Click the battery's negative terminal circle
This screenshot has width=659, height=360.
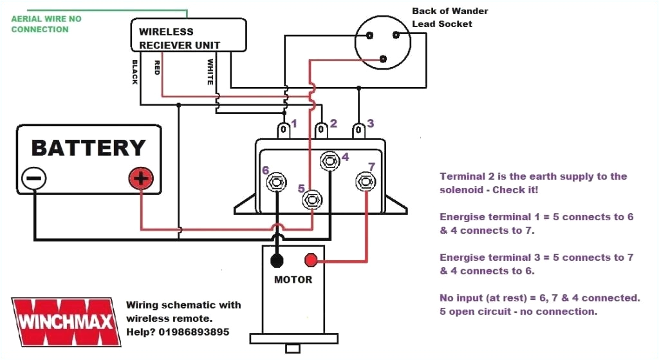(x=33, y=178)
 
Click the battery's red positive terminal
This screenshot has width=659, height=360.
(x=141, y=178)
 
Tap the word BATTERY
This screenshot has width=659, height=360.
(x=88, y=147)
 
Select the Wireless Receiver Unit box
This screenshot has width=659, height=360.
(x=189, y=35)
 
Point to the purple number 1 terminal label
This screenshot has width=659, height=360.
(x=294, y=123)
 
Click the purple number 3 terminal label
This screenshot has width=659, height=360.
(x=370, y=123)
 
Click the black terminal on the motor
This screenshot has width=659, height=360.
(x=277, y=260)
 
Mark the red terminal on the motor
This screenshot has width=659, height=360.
(x=311, y=260)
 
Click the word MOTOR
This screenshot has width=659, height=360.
(x=293, y=279)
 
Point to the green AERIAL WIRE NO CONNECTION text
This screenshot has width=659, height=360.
(x=46, y=24)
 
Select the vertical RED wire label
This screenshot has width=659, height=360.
(x=156, y=68)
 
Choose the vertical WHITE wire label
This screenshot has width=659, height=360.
(x=210, y=72)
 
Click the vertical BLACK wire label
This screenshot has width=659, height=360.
(x=135, y=72)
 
